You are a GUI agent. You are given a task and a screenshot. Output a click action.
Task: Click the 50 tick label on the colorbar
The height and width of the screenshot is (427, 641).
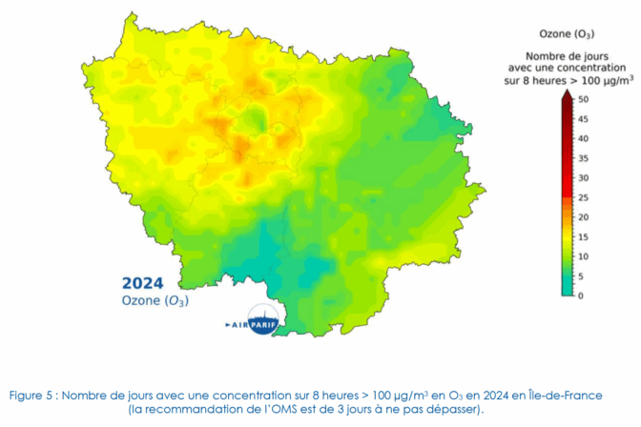coord(584,99)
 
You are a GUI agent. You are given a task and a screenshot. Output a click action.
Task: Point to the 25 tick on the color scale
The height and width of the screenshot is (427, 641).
coord(584,197)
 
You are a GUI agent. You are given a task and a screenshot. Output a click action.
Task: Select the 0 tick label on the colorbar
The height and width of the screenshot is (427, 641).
coord(581,295)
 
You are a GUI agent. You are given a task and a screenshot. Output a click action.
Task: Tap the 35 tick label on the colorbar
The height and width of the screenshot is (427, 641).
coord(584,158)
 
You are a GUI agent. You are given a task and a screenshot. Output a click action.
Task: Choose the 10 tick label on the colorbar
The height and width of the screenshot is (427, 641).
coord(584,256)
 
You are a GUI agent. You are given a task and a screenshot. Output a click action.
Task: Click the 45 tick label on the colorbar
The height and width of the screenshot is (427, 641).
coord(584,119)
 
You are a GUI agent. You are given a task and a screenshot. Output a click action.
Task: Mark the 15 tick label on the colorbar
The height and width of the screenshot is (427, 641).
coord(584,236)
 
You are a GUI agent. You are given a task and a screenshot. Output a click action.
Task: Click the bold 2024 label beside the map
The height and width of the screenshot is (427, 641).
coord(142,283)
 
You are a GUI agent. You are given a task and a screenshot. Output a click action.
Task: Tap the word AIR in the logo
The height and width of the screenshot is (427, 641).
coord(238,325)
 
